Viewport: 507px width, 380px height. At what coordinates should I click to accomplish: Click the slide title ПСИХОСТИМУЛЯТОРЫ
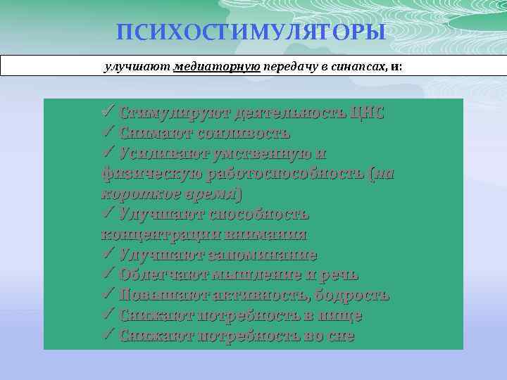251,32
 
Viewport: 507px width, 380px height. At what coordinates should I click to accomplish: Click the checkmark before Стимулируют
108,113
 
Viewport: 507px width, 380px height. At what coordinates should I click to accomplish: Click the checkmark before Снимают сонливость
108,133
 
